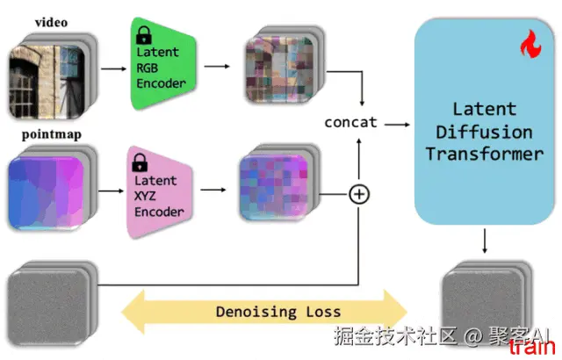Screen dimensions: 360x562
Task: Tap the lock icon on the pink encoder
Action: (140, 162)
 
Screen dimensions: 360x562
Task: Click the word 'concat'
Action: (350, 122)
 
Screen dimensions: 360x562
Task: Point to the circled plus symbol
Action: (358, 193)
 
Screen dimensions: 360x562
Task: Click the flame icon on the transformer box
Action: (530, 43)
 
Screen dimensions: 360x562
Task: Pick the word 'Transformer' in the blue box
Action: (483, 154)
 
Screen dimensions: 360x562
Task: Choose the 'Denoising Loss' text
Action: (278, 311)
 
